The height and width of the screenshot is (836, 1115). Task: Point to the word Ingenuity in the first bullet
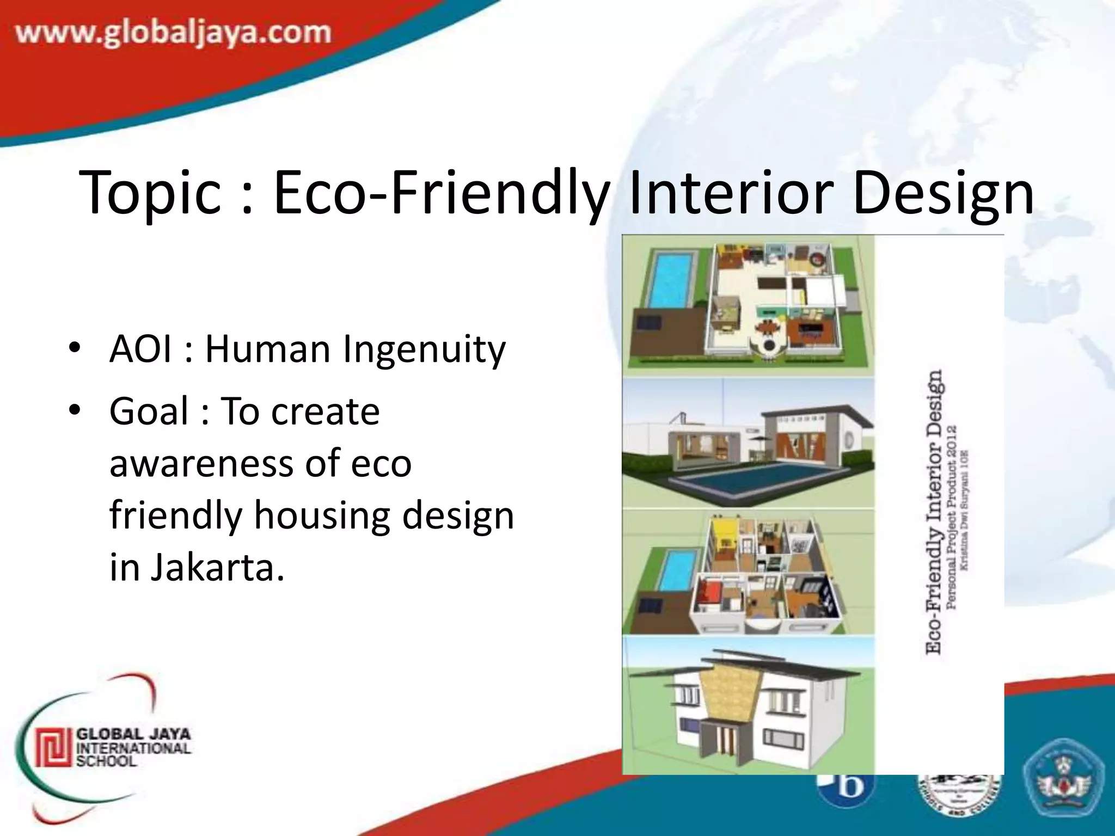(424, 350)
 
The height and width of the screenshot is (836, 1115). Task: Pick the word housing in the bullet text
(322, 515)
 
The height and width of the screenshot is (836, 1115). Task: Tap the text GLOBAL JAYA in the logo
(133, 734)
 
